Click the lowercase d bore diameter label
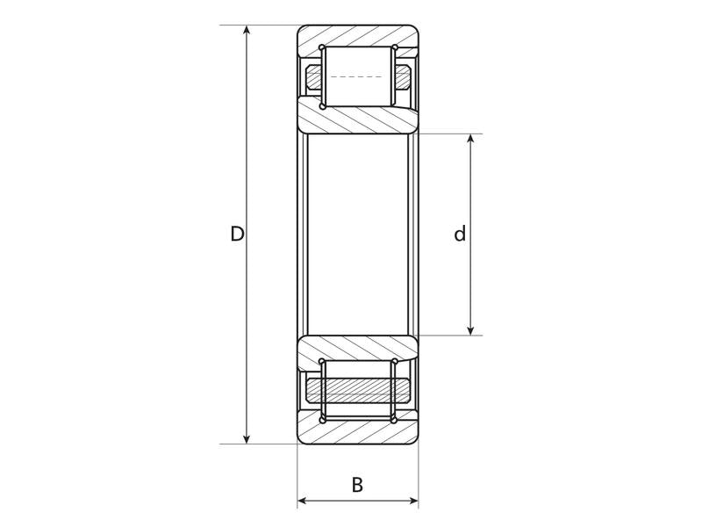click(x=459, y=235)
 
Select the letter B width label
click(x=357, y=484)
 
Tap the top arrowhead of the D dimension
click(x=247, y=32)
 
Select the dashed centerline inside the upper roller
click(x=357, y=77)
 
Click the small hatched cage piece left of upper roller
click(x=313, y=77)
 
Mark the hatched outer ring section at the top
click(x=357, y=37)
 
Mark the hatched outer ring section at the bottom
click(x=357, y=432)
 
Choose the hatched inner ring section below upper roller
click(x=357, y=117)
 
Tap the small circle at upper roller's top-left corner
click(x=322, y=47)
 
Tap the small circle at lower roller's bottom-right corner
click(x=394, y=420)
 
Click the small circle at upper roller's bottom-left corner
click(x=322, y=107)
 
